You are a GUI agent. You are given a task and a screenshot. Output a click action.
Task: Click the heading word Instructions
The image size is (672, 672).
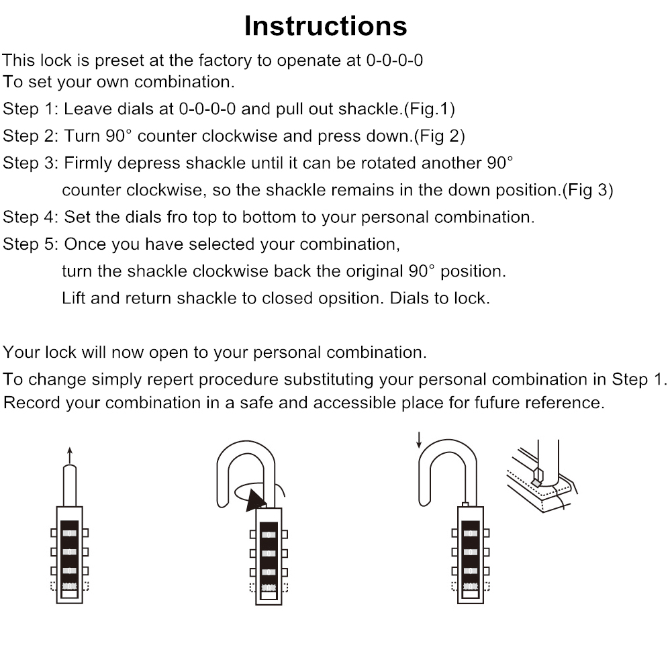click(x=326, y=26)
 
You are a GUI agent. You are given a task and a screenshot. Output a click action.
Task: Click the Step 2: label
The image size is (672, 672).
click(x=31, y=136)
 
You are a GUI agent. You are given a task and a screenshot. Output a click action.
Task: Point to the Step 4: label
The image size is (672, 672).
click(x=31, y=218)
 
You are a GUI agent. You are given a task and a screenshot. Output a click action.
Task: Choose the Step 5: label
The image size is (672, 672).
click(x=31, y=244)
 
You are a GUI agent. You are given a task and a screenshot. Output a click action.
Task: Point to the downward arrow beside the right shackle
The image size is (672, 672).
click(x=419, y=440)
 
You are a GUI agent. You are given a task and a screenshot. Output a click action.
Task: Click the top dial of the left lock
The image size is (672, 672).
click(x=69, y=533)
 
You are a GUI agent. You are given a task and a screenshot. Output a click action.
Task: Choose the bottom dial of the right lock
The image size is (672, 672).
click(x=471, y=587)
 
